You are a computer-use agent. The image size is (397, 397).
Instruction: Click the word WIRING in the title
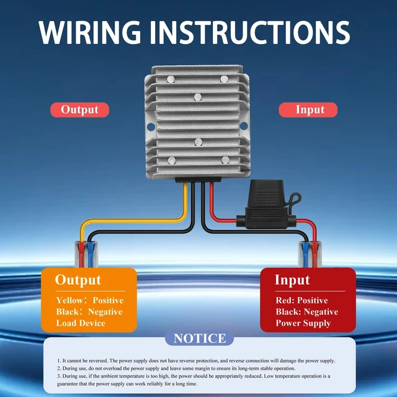click(x=89, y=32)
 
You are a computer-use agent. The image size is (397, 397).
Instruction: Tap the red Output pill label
click(x=80, y=110)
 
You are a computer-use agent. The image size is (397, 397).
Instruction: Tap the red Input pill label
click(x=308, y=110)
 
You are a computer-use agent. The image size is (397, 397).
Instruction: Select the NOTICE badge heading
click(x=200, y=338)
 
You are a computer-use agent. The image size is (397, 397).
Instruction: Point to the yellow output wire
click(x=132, y=221)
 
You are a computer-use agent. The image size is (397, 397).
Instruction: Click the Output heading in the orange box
click(x=78, y=280)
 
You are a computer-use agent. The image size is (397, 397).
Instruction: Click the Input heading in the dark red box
click(x=292, y=280)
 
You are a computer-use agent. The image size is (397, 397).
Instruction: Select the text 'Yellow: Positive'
click(x=90, y=300)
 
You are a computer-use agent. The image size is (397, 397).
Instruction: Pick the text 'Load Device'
click(x=81, y=323)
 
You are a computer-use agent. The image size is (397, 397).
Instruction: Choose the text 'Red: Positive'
click(x=301, y=300)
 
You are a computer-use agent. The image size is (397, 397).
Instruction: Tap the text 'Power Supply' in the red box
click(x=303, y=323)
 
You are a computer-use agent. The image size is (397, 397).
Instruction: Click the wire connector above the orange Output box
click(x=86, y=254)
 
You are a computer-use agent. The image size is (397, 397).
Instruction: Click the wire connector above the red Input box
click(x=310, y=254)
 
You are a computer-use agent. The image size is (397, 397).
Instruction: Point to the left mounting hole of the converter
click(x=151, y=127)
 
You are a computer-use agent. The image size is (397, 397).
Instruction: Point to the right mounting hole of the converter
click(x=244, y=125)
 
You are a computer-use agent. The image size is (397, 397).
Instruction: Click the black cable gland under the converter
click(x=198, y=180)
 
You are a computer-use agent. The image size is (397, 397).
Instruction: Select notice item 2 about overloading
click(x=176, y=368)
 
